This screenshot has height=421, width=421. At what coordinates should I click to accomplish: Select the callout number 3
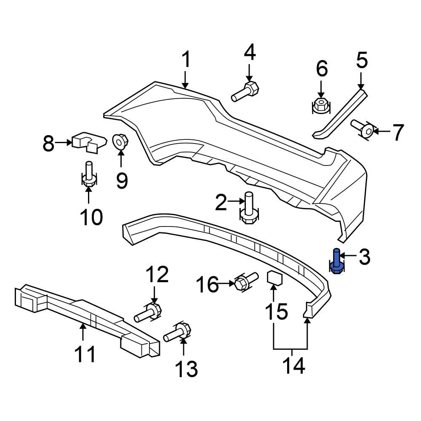pos(364,257)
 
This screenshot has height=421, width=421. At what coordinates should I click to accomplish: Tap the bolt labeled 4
pos(246,92)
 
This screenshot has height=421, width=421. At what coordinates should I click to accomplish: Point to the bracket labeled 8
pos(88,142)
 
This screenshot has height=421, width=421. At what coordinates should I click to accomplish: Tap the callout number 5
pos(362,61)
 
